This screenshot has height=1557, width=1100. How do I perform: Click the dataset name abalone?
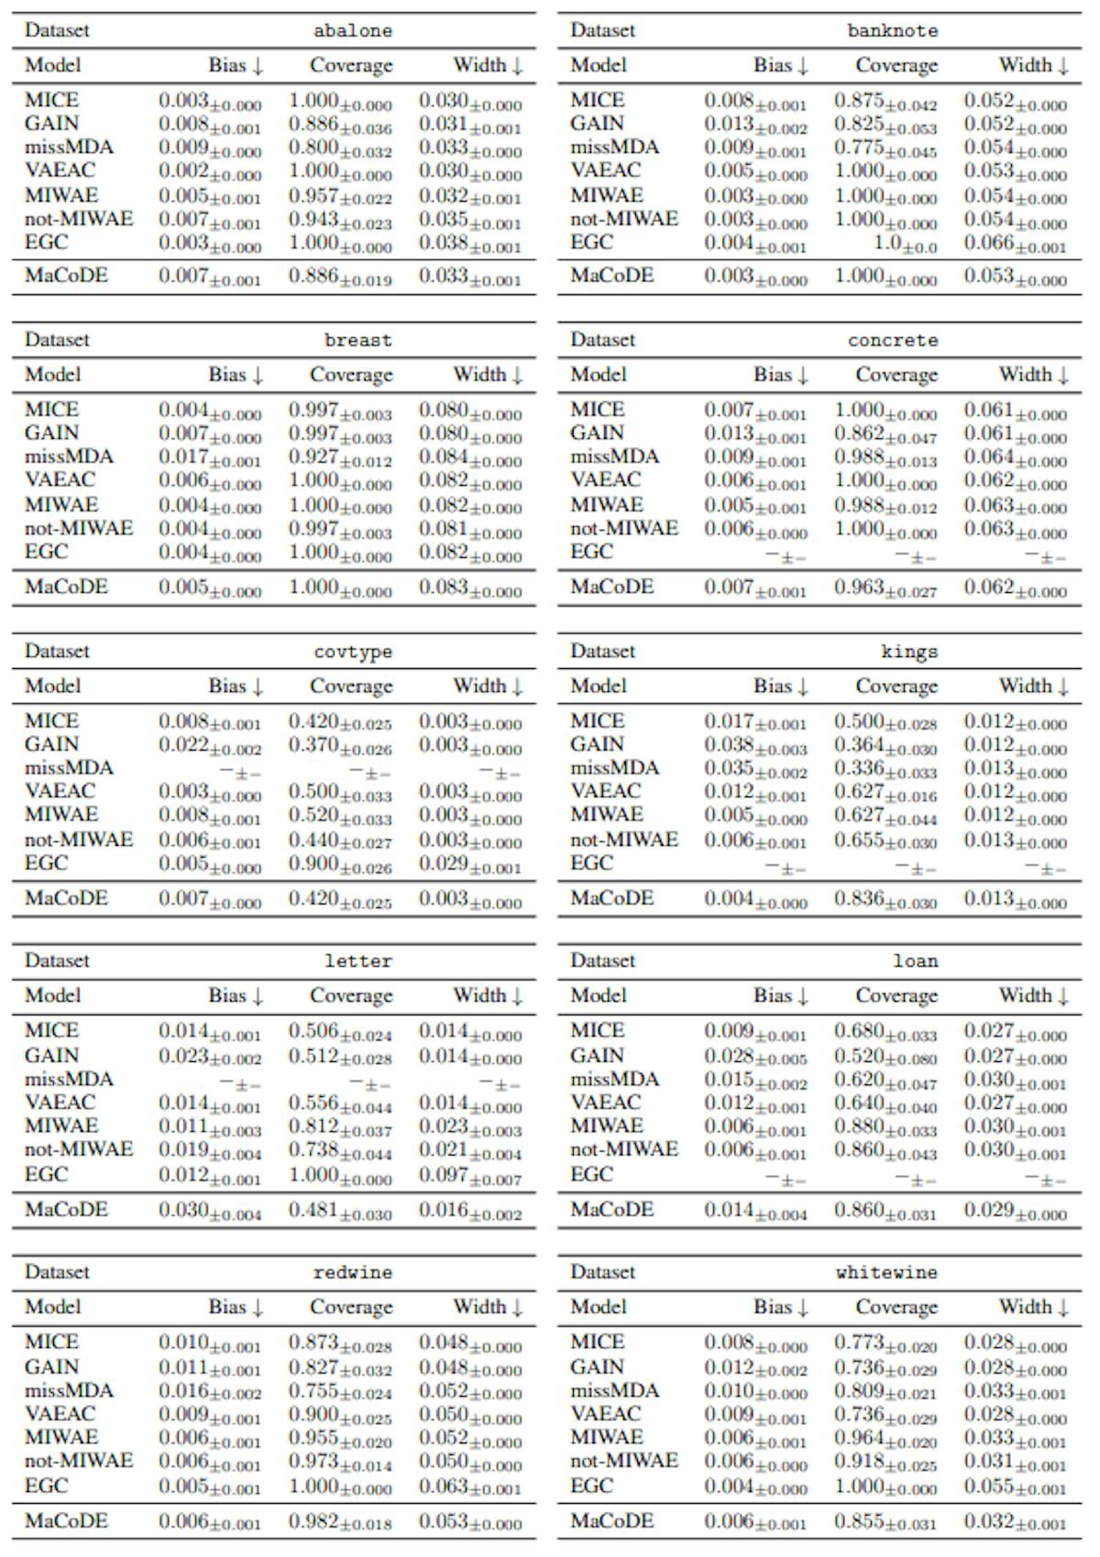pos(352,30)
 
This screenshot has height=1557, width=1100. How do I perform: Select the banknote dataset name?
pos(892,30)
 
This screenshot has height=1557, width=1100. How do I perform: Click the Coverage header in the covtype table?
pos(351,685)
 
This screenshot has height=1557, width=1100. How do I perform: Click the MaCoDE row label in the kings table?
pos(611,898)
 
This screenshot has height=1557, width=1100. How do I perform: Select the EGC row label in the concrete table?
pos(591,552)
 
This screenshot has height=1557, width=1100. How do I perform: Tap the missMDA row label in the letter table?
pos(69,1080)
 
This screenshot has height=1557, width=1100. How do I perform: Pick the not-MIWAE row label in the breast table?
pos(79,529)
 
